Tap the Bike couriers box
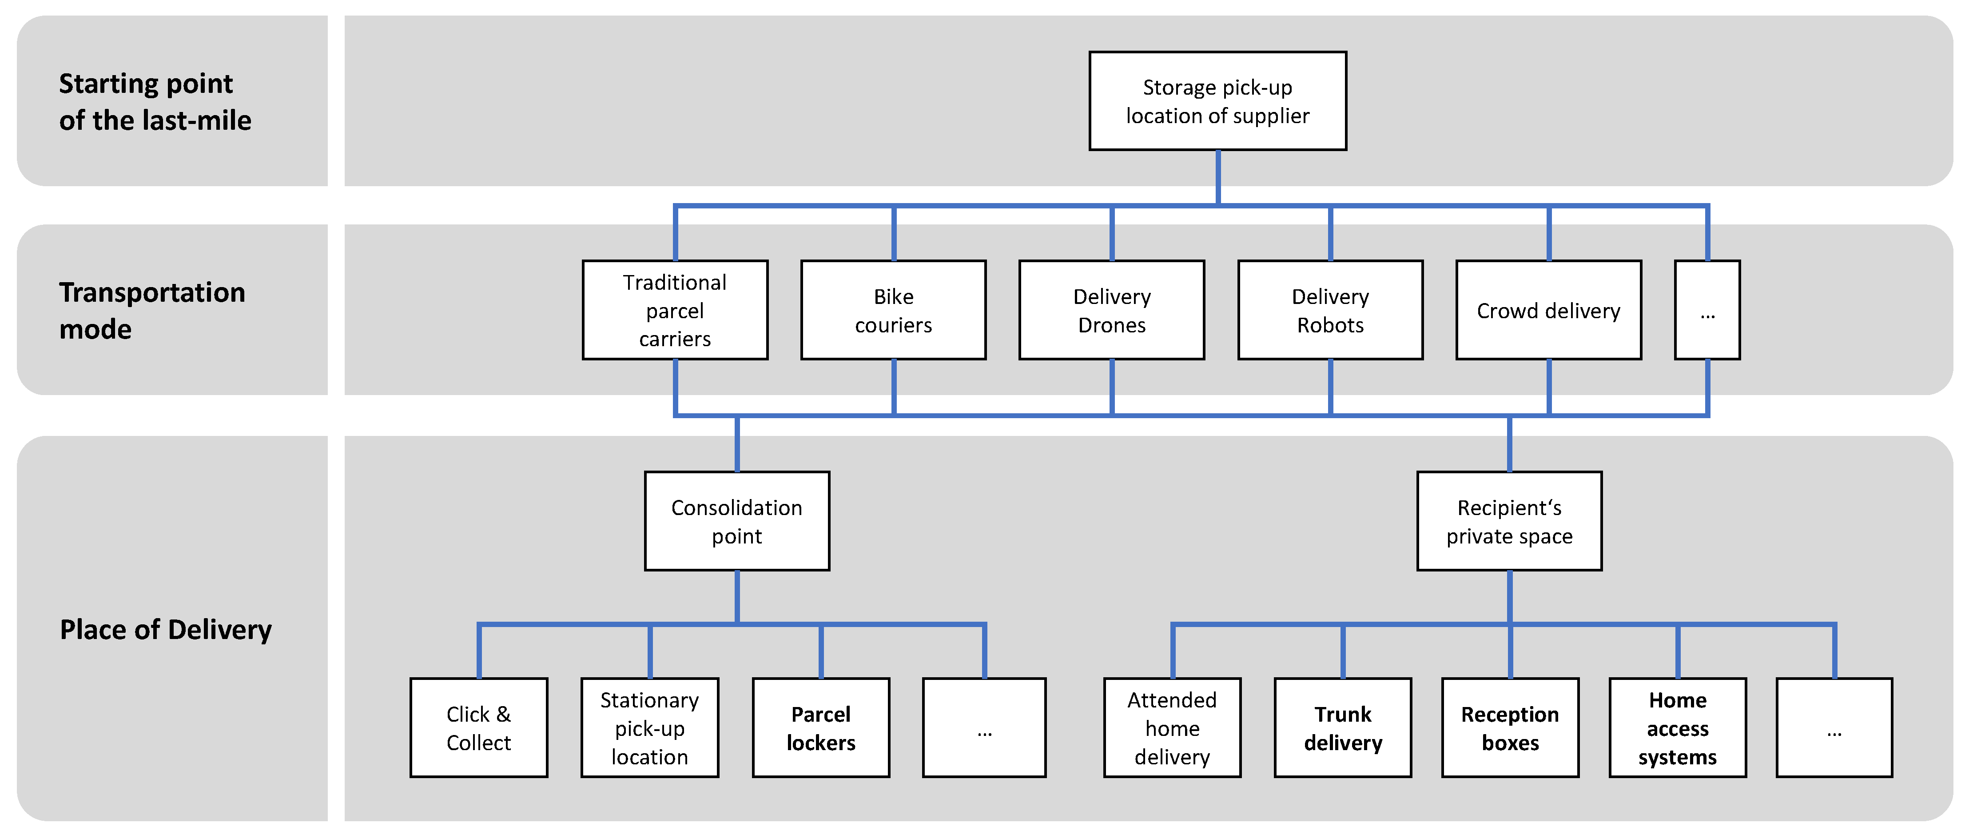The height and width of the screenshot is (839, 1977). tap(893, 310)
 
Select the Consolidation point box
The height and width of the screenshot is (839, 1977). tap(737, 521)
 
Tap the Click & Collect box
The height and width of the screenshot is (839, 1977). tap(479, 728)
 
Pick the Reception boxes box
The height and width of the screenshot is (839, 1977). tap(1510, 728)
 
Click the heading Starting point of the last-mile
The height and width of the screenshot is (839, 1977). tap(155, 101)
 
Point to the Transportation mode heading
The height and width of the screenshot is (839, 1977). tap(152, 310)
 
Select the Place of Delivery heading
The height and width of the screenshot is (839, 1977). tap(166, 629)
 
